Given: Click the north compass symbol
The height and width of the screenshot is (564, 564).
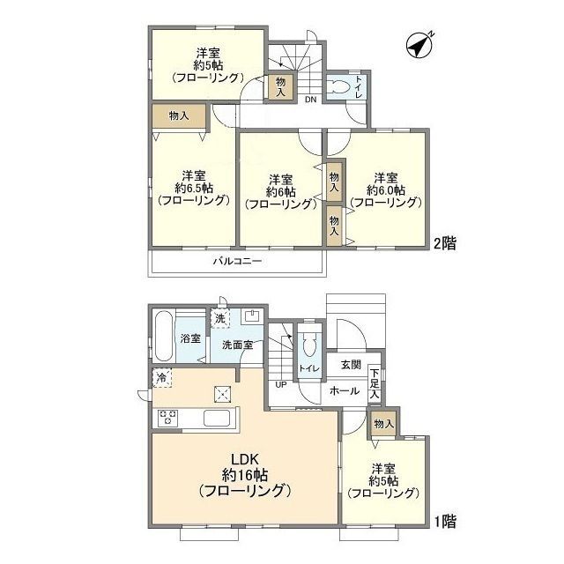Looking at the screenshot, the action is (x=419, y=45).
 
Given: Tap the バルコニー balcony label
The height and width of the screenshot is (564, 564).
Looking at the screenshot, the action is (x=237, y=261).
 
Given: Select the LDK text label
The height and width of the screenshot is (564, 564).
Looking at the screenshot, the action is (x=245, y=459).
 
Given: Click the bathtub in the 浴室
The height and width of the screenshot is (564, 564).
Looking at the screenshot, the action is (x=164, y=337).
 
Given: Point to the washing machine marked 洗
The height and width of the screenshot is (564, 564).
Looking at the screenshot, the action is (x=220, y=318).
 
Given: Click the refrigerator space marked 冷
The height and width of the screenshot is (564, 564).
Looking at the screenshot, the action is (x=162, y=378).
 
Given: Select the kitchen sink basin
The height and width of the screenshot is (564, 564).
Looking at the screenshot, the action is (x=217, y=418).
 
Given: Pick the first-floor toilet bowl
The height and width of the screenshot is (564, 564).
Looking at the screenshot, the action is (x=309, y=345).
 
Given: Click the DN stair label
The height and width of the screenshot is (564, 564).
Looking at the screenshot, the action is (x=311, y=100).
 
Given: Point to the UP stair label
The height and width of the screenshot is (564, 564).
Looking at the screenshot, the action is (x=281, y=385).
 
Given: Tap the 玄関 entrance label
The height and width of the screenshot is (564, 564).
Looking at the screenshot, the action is (x=351, y=365).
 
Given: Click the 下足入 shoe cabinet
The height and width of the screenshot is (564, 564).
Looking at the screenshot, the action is (x=375, y=383).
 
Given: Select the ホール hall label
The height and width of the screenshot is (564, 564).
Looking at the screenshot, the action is (x=345, y=390).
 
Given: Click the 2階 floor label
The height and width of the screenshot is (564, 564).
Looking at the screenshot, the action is (x=445, y=243).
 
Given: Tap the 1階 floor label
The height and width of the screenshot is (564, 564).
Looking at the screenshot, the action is (x=445, y=522).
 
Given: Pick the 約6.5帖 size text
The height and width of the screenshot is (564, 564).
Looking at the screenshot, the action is (x=194, y=188).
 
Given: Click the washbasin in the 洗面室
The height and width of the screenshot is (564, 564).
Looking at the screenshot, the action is (x=253, y=317).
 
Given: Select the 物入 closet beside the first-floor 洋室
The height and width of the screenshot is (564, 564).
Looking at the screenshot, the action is (x=384, y=424).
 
